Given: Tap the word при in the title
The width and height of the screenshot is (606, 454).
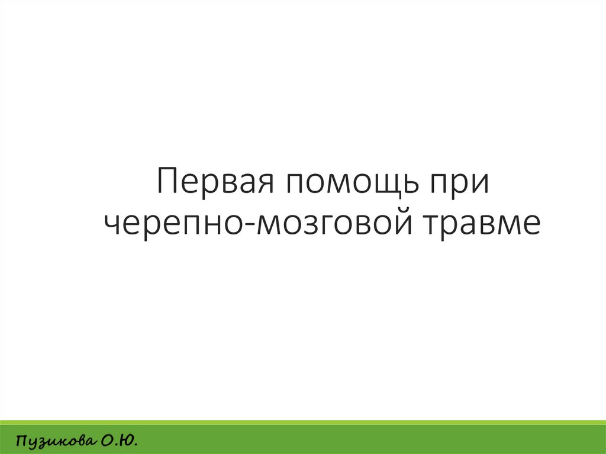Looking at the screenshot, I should click(x=460, y=183).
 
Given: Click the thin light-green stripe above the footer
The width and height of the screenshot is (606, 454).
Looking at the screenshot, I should click(x=303, y=421).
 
